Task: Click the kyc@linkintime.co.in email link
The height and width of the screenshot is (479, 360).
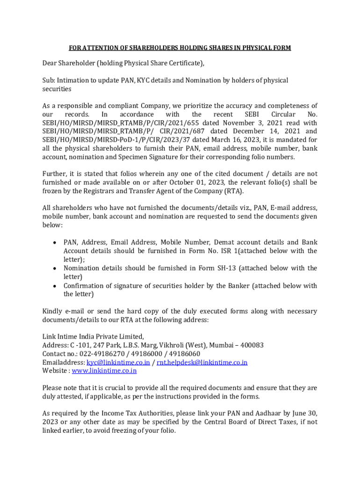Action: [x=118, y=363]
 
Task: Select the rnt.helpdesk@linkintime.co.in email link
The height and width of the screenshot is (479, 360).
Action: [x=202, y=363]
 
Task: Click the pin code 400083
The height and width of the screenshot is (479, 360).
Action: [x=251, y=345]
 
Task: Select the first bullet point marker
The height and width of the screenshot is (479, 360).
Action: [x=55, y=243]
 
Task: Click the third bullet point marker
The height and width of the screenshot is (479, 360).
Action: [x=55, y=286]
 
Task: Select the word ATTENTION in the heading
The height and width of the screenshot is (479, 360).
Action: [x=99, y=48]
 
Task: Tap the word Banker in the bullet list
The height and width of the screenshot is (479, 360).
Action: [x=235, y=286]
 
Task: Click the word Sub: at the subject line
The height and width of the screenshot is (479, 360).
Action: [x=49, y=80]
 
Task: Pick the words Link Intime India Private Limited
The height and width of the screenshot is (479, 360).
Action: [x=93, y=336]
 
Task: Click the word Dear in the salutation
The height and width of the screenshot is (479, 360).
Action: [x=50, y=63]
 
